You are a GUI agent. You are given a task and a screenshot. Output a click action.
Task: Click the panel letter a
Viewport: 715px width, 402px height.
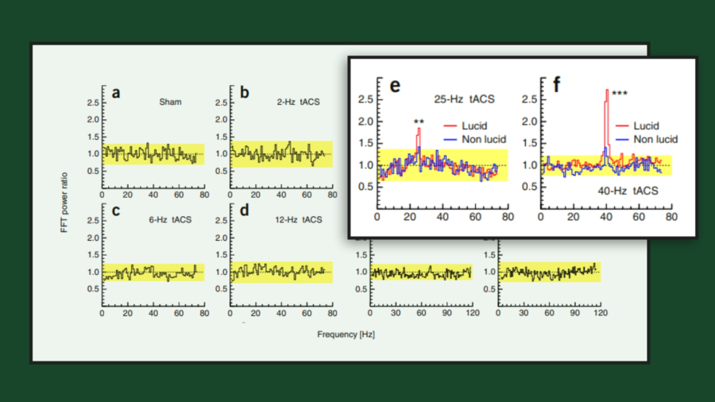tap(116, 93)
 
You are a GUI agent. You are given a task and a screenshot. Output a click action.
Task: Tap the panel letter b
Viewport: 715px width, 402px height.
tap(244, 93)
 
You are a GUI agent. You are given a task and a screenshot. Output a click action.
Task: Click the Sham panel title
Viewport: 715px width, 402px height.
tap(170, 102)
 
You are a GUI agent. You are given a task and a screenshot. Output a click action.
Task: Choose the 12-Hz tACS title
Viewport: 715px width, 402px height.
tap(298, 219)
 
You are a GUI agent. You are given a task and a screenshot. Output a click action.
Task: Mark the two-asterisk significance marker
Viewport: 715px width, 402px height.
tap(419, 122)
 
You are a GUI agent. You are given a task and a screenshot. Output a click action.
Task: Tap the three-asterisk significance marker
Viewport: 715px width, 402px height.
tap(620, 94)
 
